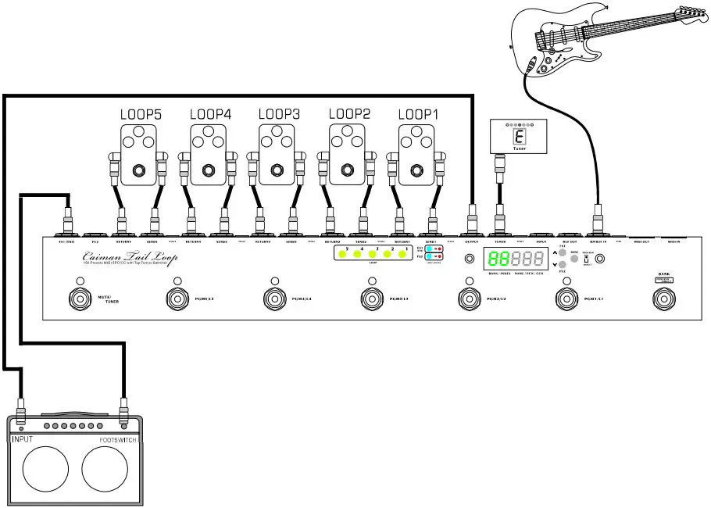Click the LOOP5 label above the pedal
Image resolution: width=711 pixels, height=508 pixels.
(x=141, y=114)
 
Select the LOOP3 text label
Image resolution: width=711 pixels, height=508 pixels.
(x=279, y=114)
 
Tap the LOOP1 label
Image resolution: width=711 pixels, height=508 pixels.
(x=419, y=114)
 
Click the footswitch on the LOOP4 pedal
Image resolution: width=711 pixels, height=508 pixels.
(x=209, y=170)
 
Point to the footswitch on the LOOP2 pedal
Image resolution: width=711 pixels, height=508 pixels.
(x=348, y=170)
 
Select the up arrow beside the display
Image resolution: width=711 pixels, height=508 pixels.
(x=555, y=253)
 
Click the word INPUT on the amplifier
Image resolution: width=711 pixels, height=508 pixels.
(x=23, y=440)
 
